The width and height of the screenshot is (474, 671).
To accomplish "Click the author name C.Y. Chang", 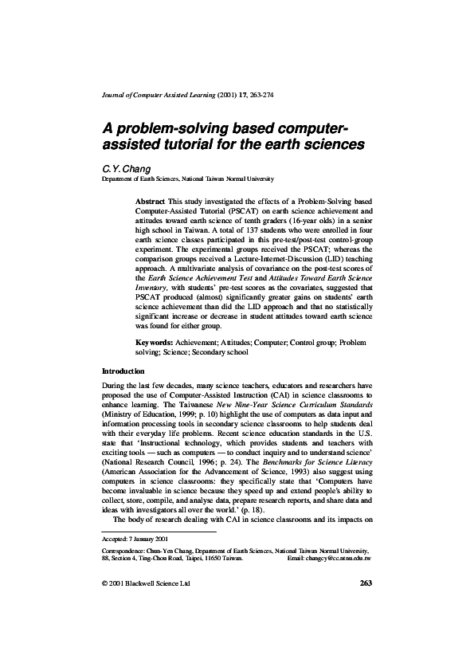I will coord(122,170).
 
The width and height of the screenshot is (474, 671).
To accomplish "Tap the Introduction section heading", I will coord(123,372).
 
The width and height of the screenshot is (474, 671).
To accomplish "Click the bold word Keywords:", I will coord(155,342).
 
